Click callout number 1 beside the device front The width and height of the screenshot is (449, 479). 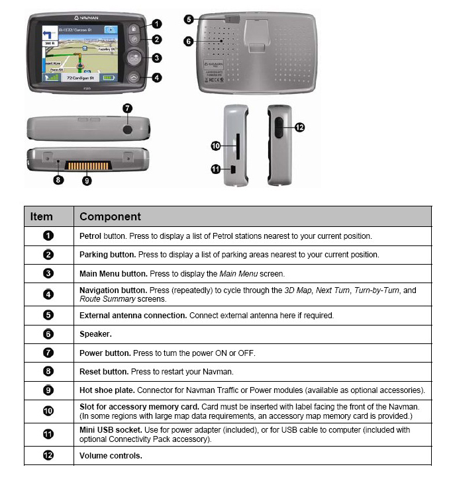(x=156, y=23)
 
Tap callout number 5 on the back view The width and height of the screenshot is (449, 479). (x=189, y=20)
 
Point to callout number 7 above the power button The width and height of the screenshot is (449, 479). (x=127, y=107)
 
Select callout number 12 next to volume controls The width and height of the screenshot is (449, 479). (x=299, y=127)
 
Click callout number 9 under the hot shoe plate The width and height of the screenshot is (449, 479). (x=87, y=179)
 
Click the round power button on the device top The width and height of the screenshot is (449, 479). (x=128, y=125)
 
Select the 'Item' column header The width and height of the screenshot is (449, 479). (x=42, y=216)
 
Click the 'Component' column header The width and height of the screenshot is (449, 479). (x=110, y=216)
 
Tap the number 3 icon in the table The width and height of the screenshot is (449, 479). (x=48, y=273)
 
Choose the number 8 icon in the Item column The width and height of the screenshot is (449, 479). (x=48, y=372)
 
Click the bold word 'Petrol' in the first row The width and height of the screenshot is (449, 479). (x=91, y=236)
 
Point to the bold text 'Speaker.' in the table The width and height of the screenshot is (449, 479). (x=95, y=334)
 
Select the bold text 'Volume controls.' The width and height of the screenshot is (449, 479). (x=111, y=456)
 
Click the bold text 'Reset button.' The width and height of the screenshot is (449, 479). (x=104, y=372)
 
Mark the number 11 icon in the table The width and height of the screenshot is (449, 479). (x=48, y=435)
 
